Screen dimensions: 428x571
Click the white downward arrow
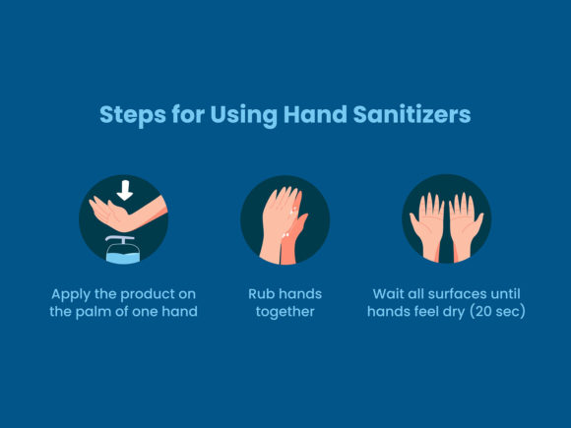click(x=124, y=188)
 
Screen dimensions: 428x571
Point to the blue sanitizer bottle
click(x=124, y=253)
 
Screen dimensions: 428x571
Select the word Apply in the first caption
click(x=76, y=294)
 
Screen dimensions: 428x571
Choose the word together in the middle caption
click(x=285, y=312)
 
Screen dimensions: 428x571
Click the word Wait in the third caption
click(x=390, y=294)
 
